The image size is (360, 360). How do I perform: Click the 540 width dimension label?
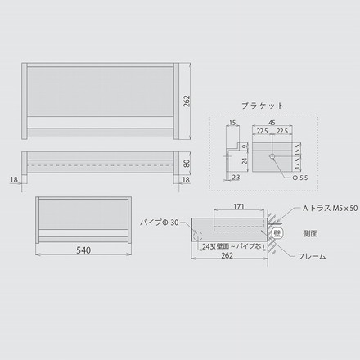coord(83,249)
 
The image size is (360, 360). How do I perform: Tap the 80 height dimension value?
coord(187,162)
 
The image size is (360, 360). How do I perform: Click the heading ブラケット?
coord(263,106)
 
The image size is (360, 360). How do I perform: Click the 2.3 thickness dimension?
coord(235,176)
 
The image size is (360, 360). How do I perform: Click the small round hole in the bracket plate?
coord(272,154)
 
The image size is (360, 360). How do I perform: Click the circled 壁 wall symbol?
coord(277,233)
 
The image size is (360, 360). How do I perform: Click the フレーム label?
coord(311,256)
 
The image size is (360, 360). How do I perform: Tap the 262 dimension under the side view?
coord(227,256)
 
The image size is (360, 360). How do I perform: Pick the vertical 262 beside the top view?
coord(187,101)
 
